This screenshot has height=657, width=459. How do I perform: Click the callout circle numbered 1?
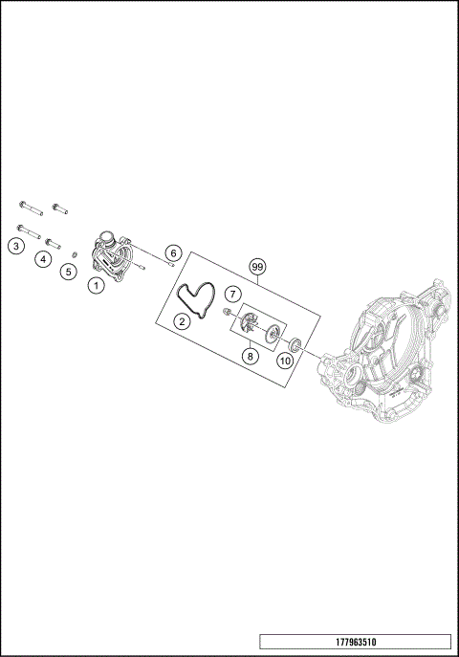[x=97, y=286]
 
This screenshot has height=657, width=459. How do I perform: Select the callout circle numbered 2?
[x=182, y=321]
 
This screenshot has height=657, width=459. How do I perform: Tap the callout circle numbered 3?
[x=16, y=246]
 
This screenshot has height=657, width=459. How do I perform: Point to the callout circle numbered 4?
[x=43, y=259]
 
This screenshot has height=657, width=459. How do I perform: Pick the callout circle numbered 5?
[x=68, y=272]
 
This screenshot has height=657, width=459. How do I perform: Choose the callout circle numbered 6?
[x=173, y=253]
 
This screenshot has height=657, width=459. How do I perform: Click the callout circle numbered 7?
[x=233, y=295]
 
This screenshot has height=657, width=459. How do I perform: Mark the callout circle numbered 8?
[x=250, y=356]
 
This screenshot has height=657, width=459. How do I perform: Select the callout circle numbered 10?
[x=285, y=361]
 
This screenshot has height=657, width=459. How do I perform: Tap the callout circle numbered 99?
[x=258, y=267]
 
